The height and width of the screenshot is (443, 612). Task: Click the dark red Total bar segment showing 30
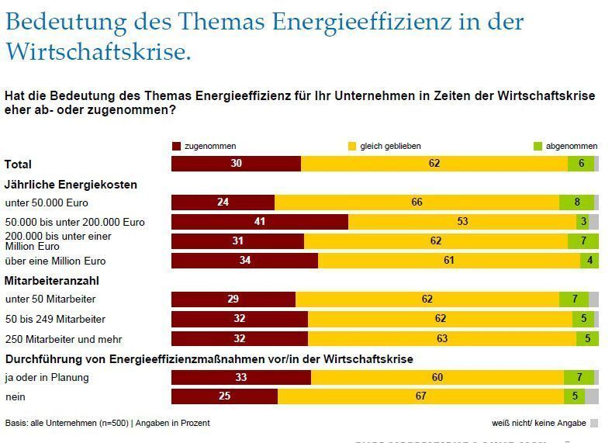236,163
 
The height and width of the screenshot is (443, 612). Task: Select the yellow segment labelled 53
462,222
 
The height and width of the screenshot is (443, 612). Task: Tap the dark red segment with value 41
259,222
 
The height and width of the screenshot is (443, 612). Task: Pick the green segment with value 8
576,202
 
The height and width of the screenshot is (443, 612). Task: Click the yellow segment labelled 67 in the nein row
421,396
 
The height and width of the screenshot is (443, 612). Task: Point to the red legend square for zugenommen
175,146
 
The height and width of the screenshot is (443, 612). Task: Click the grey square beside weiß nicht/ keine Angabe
594,423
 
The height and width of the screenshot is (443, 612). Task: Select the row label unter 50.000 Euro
47,202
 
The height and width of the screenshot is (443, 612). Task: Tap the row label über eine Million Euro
55,261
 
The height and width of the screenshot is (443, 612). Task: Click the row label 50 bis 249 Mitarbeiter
55,319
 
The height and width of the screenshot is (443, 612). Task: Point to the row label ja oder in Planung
47,377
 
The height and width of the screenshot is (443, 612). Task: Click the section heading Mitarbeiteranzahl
52,280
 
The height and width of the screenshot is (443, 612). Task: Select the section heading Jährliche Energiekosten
71,185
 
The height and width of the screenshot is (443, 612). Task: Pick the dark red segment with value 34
244,261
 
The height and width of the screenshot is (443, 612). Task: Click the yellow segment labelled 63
442,338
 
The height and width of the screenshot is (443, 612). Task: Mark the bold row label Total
18,164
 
